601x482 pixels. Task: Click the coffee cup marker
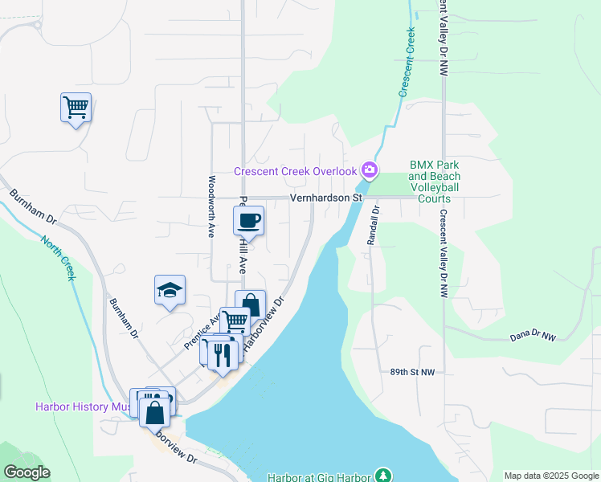[x=249, y=220]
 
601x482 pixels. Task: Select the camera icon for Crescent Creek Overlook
[x=370, y=170]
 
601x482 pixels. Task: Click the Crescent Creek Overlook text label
[x=295, y=171]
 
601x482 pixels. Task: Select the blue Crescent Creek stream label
[x=407, y=62]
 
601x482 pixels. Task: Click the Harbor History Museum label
[x=83, y=406]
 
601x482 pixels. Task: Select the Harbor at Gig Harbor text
[x=320, y=476]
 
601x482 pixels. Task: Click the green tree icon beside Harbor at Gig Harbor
[x=383, y=475]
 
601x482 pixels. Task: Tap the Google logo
[x=27, y=472]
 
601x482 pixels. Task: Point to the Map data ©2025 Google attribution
[x=551, y=476]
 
